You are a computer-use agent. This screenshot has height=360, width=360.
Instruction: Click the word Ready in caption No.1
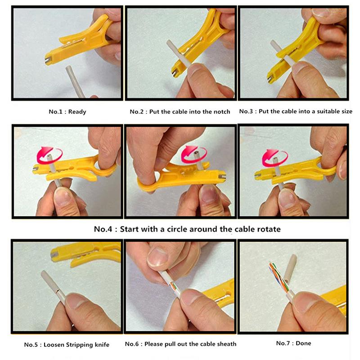click(78, 112)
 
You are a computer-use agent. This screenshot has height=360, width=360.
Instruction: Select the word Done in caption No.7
click(303, 343)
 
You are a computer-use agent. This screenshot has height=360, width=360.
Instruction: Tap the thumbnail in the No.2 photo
click(195, 72)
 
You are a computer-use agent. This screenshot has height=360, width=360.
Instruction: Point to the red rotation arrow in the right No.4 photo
click(275, 157)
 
